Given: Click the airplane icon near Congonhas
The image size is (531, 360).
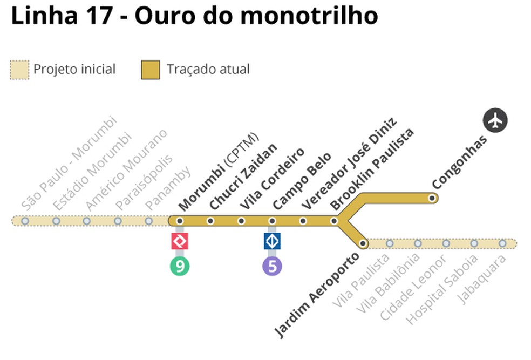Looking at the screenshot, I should pyautogui.click(x=495, y=120).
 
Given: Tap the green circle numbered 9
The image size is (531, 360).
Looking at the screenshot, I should pyautogui.click(x=180, y=266).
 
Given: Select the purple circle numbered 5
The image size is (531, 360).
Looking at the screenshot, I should pyautogui.click(x=273, y=266).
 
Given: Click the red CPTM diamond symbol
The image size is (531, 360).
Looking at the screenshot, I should pyautogui.click(x=180, y=241).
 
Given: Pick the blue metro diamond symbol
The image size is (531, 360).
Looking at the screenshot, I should pyautogui.click(x=273, y=241).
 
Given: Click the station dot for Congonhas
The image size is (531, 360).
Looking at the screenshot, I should pyautogui.click(x=432, y=198).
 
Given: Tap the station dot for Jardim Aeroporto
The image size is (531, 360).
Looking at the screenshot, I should pyautogui.click(x=363, y=243).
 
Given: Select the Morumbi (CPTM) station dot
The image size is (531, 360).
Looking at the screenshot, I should pyautogui.click(x=180, y=221).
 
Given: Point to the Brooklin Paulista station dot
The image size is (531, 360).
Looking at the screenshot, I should pyautogui.click(x=334, y=221).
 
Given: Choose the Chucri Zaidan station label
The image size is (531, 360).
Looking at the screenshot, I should pyautogui.click(x=243, y=176).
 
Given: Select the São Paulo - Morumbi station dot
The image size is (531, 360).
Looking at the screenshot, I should pyautogui.click(x=25, y=221).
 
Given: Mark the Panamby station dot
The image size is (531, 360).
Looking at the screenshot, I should pyautogui.click(x=149, y=221).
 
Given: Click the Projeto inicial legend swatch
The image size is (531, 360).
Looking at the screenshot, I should pyautogui.click(x=19, y=70).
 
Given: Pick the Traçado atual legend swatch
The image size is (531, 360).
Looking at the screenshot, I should pyautogui.click(x=151, y=70).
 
